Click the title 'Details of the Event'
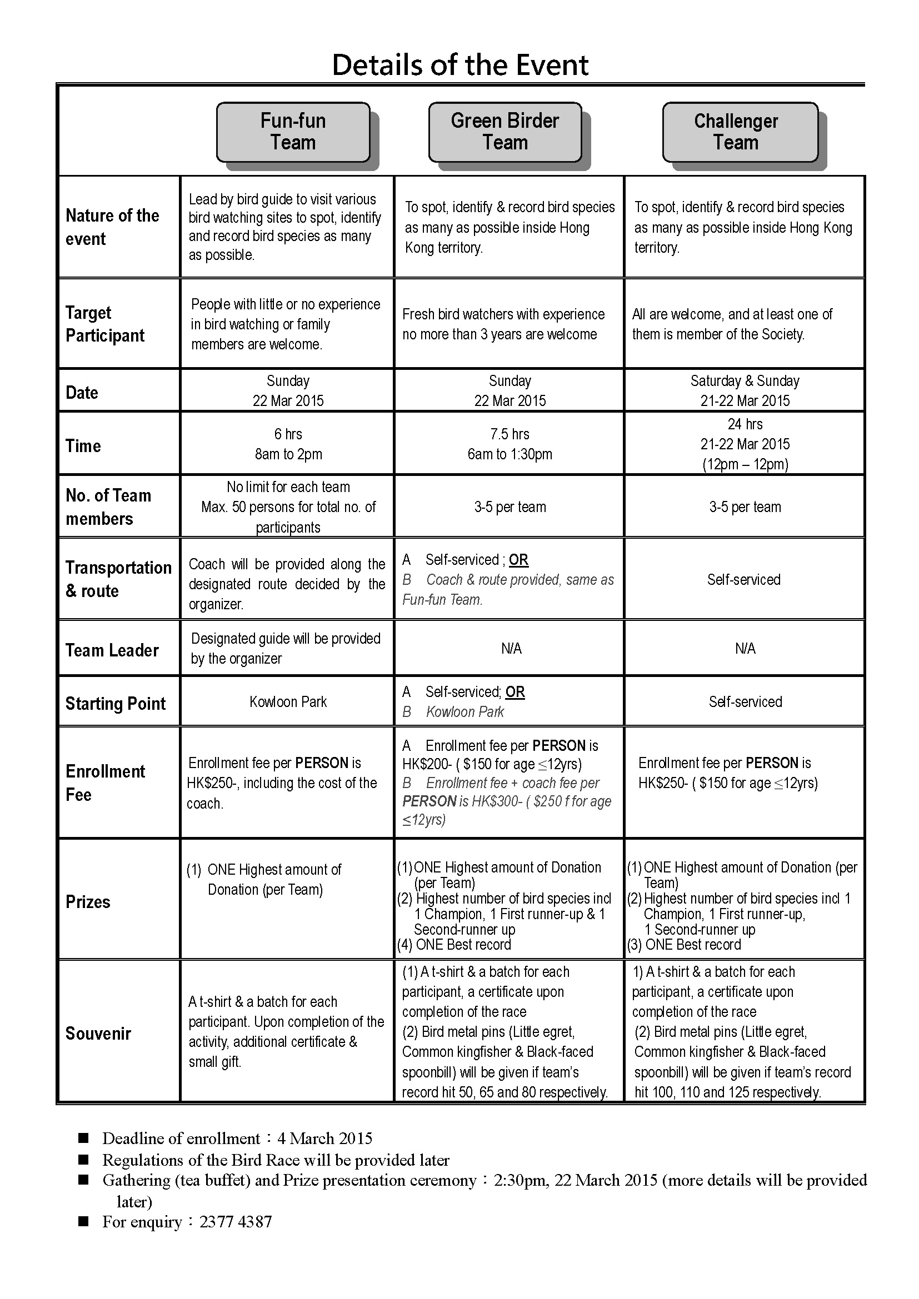pyautogui.click(x=460, y=65)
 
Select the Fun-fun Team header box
pyautogui.click(x=293, y=132)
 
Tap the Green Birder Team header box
pyautogui.click(x=505, y=132)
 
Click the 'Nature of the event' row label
pyautogui.click(x=112, y=227)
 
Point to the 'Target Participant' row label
pyautogui.click(x=104, y=324)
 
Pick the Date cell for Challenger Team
pyautogui.click(x=745, y=391)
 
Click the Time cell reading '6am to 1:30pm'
pyautogui.click(x=510, y=454)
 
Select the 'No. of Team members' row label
pyautogui.click(x=108, y=507)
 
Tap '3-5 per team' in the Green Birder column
pyautogui.click(x=510, y=507)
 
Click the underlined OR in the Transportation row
pyautogui.click(x=518, y=560)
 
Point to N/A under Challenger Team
pyautogui.click(x=745, y=648)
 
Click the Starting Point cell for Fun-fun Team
pyautogui.click(x=288, y=702)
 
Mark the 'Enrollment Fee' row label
pyautogui.click(x=105, y=783)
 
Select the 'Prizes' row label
pyautogui.click(x=88, y=902)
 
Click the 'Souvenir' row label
pyautogui.click(x=98, y=1034)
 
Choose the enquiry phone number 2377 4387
pyautogui.click(x=236, y=1222)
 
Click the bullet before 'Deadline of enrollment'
pyautogui.click(x=84, y=1138)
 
